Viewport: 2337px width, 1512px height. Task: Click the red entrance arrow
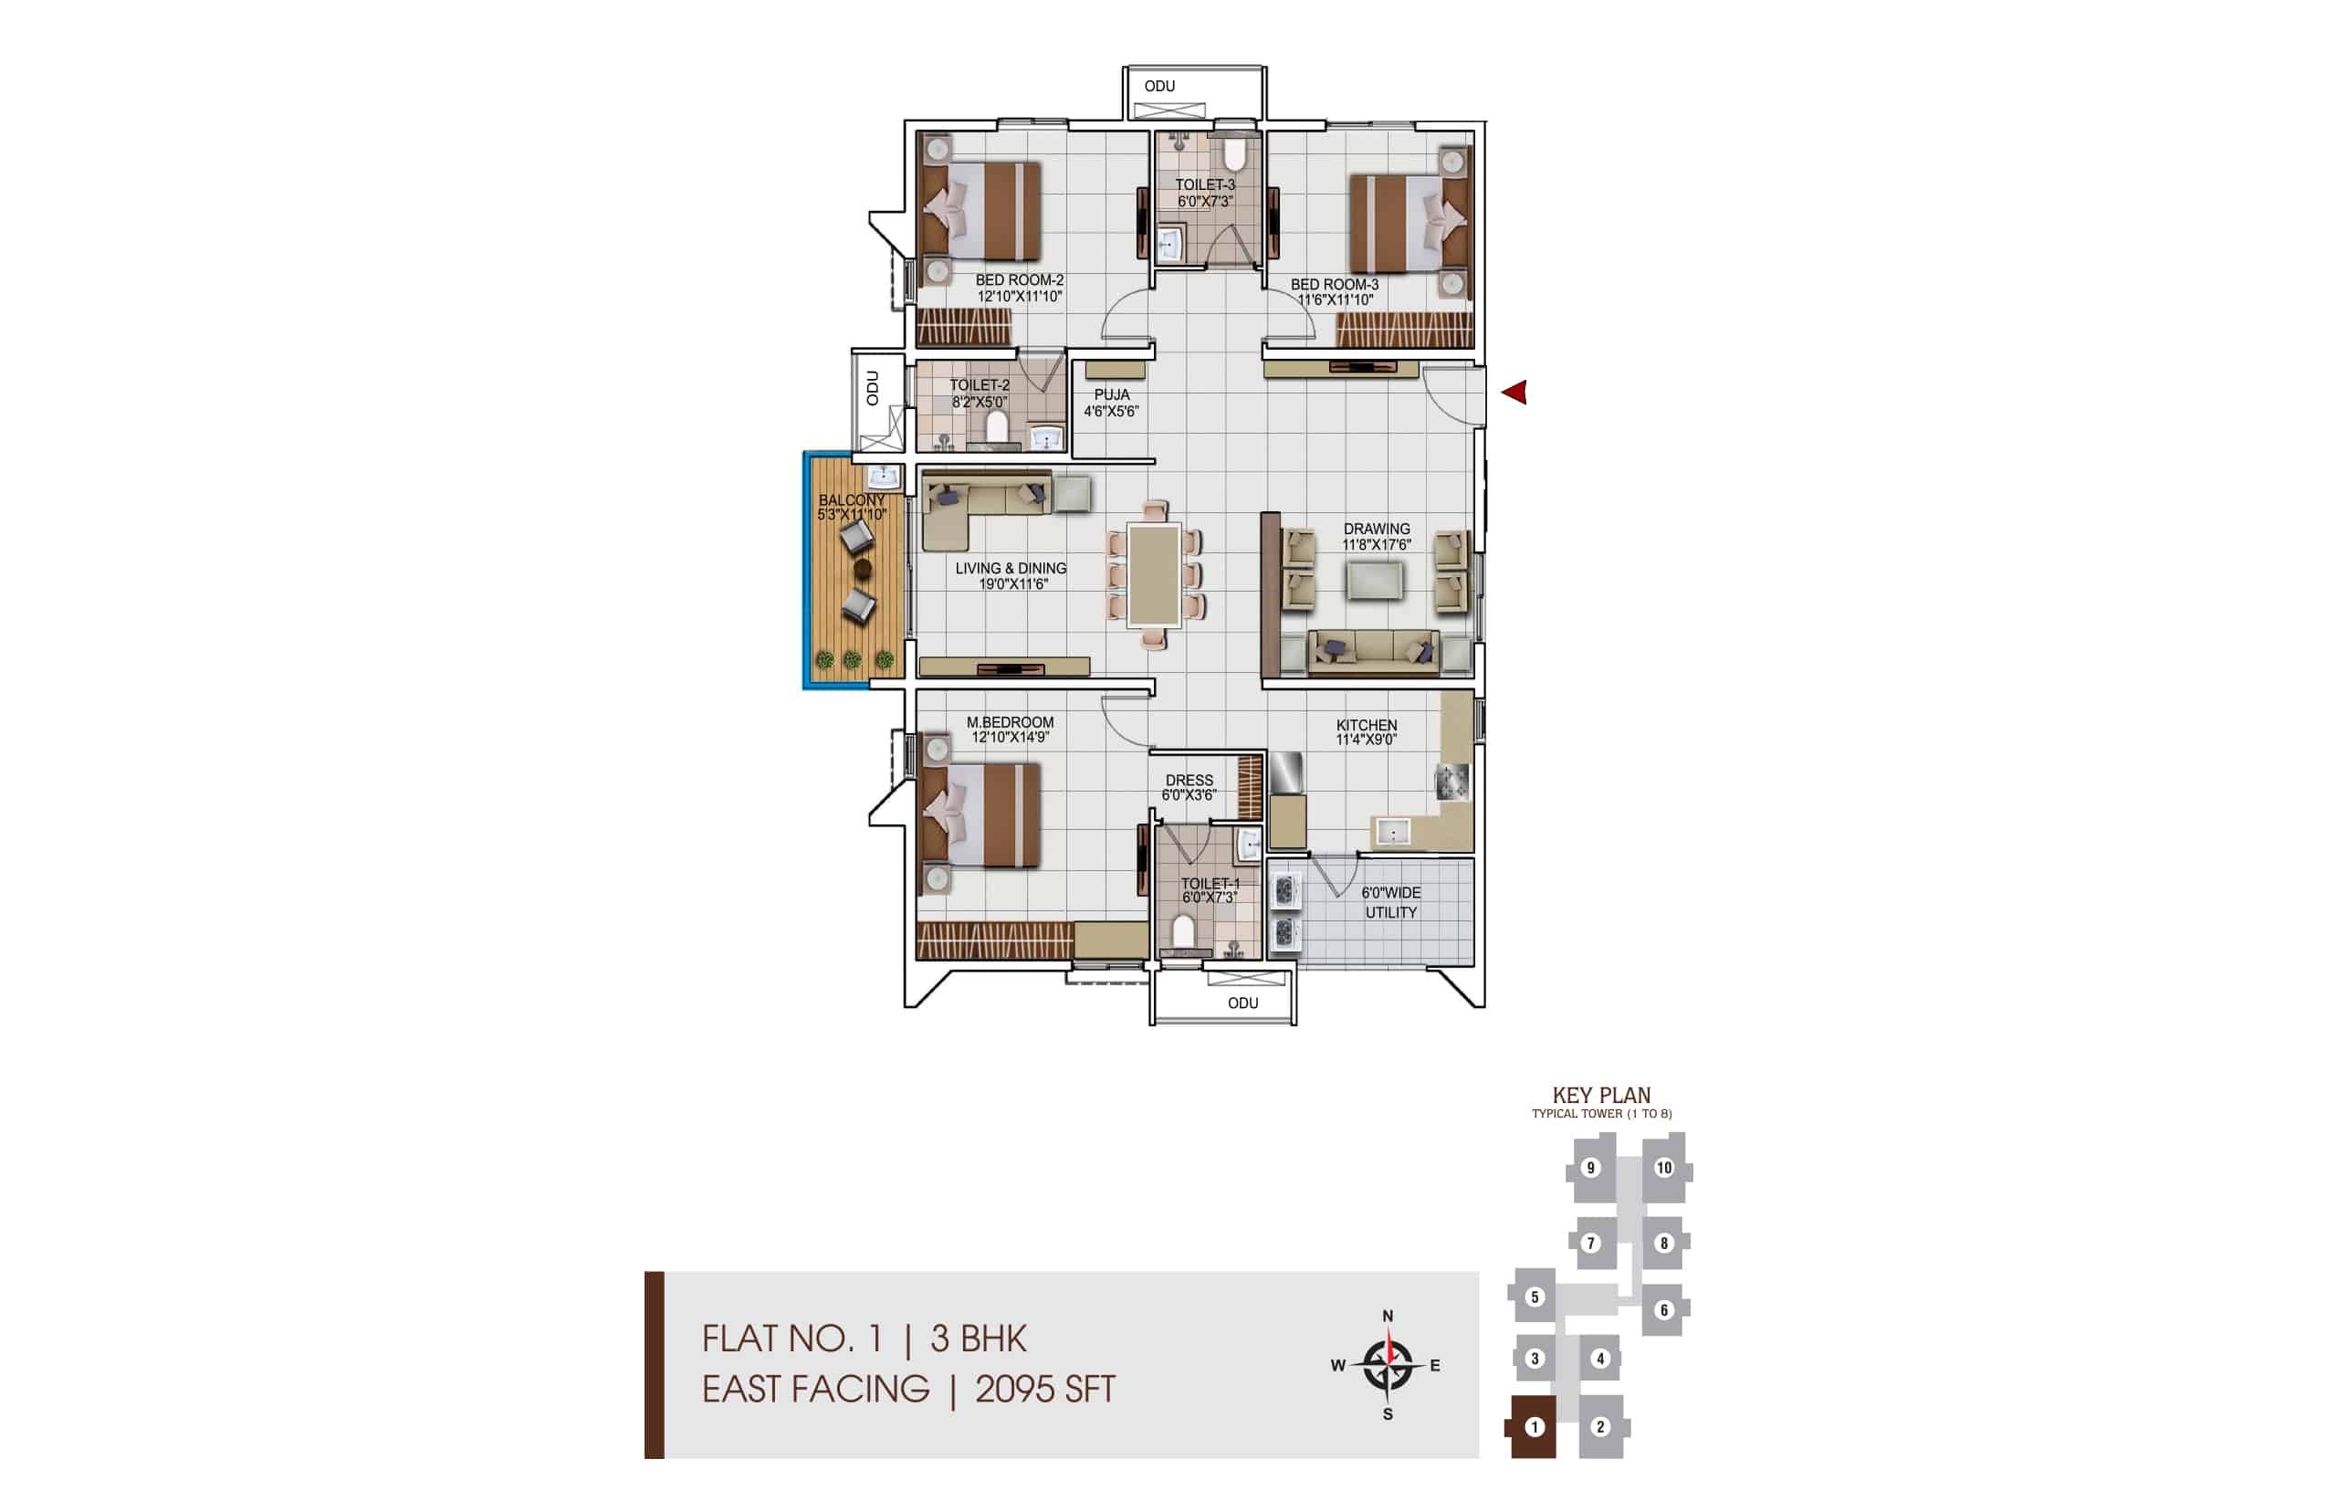[x=1514, y=393]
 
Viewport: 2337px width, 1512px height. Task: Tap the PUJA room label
[x=1111, y=394]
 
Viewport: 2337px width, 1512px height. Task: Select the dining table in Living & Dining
[x=1153, y=575]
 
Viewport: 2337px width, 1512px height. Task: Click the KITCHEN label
[x=1366, y=725]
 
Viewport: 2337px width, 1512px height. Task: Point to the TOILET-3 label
[x=1205, y=184]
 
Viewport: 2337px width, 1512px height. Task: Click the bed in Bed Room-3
[x=1410, y=223]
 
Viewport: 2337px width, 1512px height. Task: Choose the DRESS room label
[x=1189, y=781]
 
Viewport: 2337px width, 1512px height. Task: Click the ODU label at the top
[x=1159, y=87]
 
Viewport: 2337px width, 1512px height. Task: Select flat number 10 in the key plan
[x=1663, y=1168]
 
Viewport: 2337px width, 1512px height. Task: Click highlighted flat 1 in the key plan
[x=1535, y=1426]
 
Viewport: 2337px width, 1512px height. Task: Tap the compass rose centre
[x=1388, y=1365]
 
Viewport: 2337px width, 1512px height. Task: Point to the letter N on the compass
[x=1388, y=1316]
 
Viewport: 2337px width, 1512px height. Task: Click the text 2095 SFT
[x=1045, y=1390]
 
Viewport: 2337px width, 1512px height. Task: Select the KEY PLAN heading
[x=1602, y=1095]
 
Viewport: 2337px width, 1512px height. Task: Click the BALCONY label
[x=851, y=499]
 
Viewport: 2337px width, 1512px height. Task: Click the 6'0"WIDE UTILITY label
[x=1391, y=902]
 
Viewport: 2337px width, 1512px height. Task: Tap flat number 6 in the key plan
[x=1663, y=1309]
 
